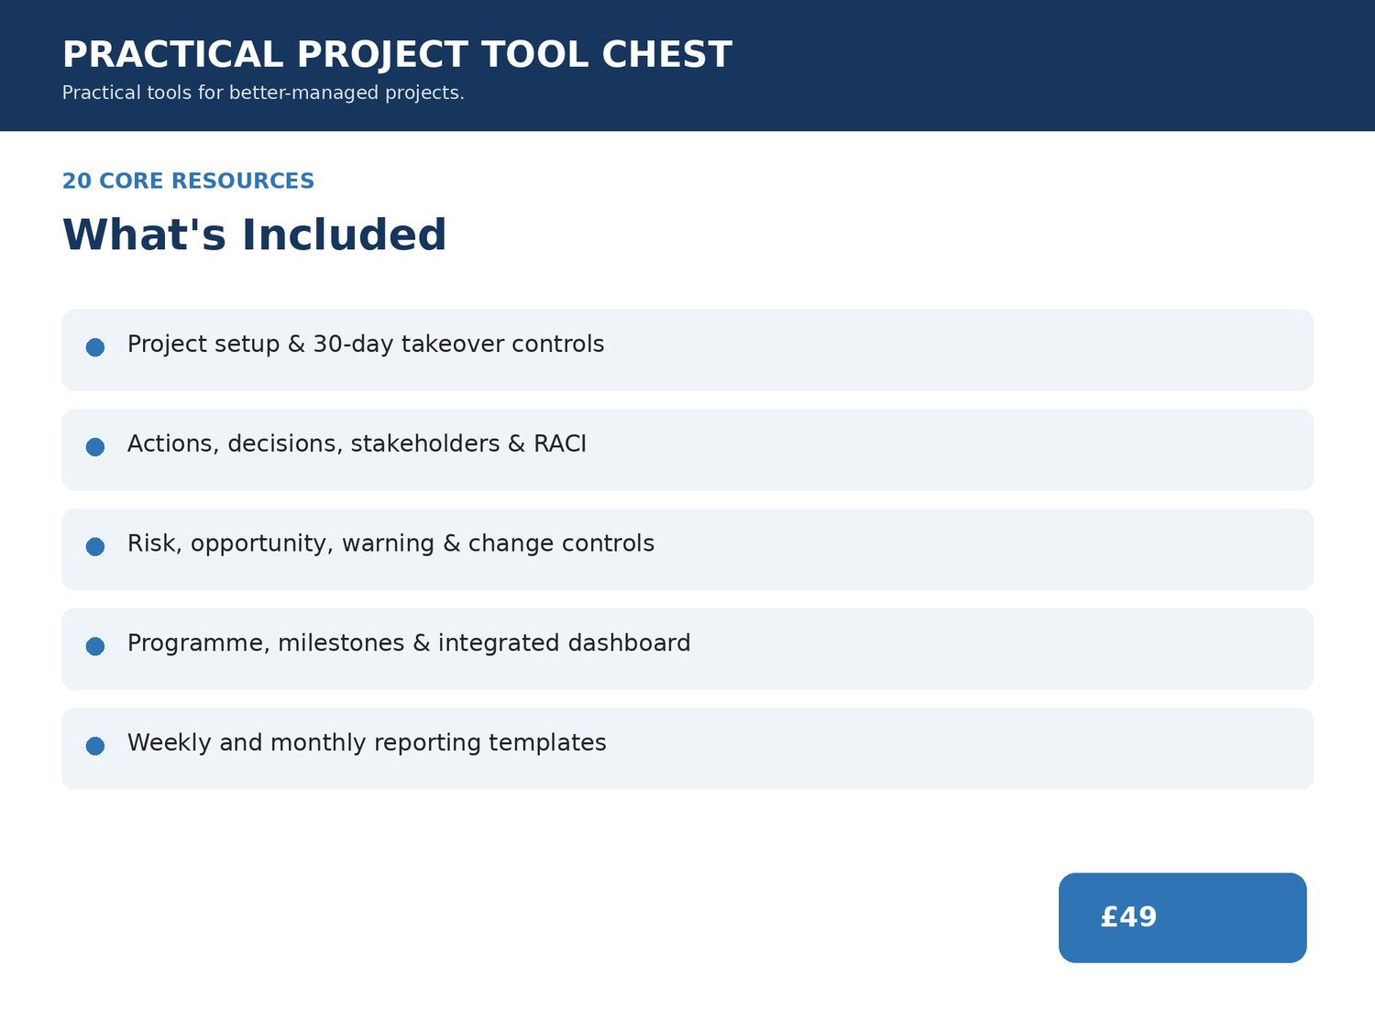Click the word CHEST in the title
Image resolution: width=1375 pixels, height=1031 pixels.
(666, 54)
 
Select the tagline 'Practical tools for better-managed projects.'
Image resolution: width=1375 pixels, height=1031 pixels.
(263, 93)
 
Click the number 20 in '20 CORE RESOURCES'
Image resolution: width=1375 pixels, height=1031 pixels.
(76, 181)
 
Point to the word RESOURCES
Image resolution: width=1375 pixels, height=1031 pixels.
(242, 181)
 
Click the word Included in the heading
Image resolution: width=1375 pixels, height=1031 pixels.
(344, 235)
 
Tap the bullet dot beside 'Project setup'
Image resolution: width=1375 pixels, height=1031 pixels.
(95, 347)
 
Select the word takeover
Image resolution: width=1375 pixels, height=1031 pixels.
(452, 345)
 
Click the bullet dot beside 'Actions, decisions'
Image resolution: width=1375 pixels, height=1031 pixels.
(95, 447)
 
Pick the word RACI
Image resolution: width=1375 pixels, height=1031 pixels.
(559, 444)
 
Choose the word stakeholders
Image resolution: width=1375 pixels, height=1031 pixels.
(425, 444)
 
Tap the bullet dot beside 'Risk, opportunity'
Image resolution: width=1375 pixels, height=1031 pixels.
(95, 546)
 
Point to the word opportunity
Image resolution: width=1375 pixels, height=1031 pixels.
(261, 544)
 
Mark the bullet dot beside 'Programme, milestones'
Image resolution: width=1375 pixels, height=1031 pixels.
(95, 646)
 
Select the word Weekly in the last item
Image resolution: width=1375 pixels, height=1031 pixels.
(170, 743)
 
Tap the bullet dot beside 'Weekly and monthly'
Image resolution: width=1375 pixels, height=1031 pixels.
(95, 746)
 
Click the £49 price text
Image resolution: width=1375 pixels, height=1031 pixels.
(1128, 917)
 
